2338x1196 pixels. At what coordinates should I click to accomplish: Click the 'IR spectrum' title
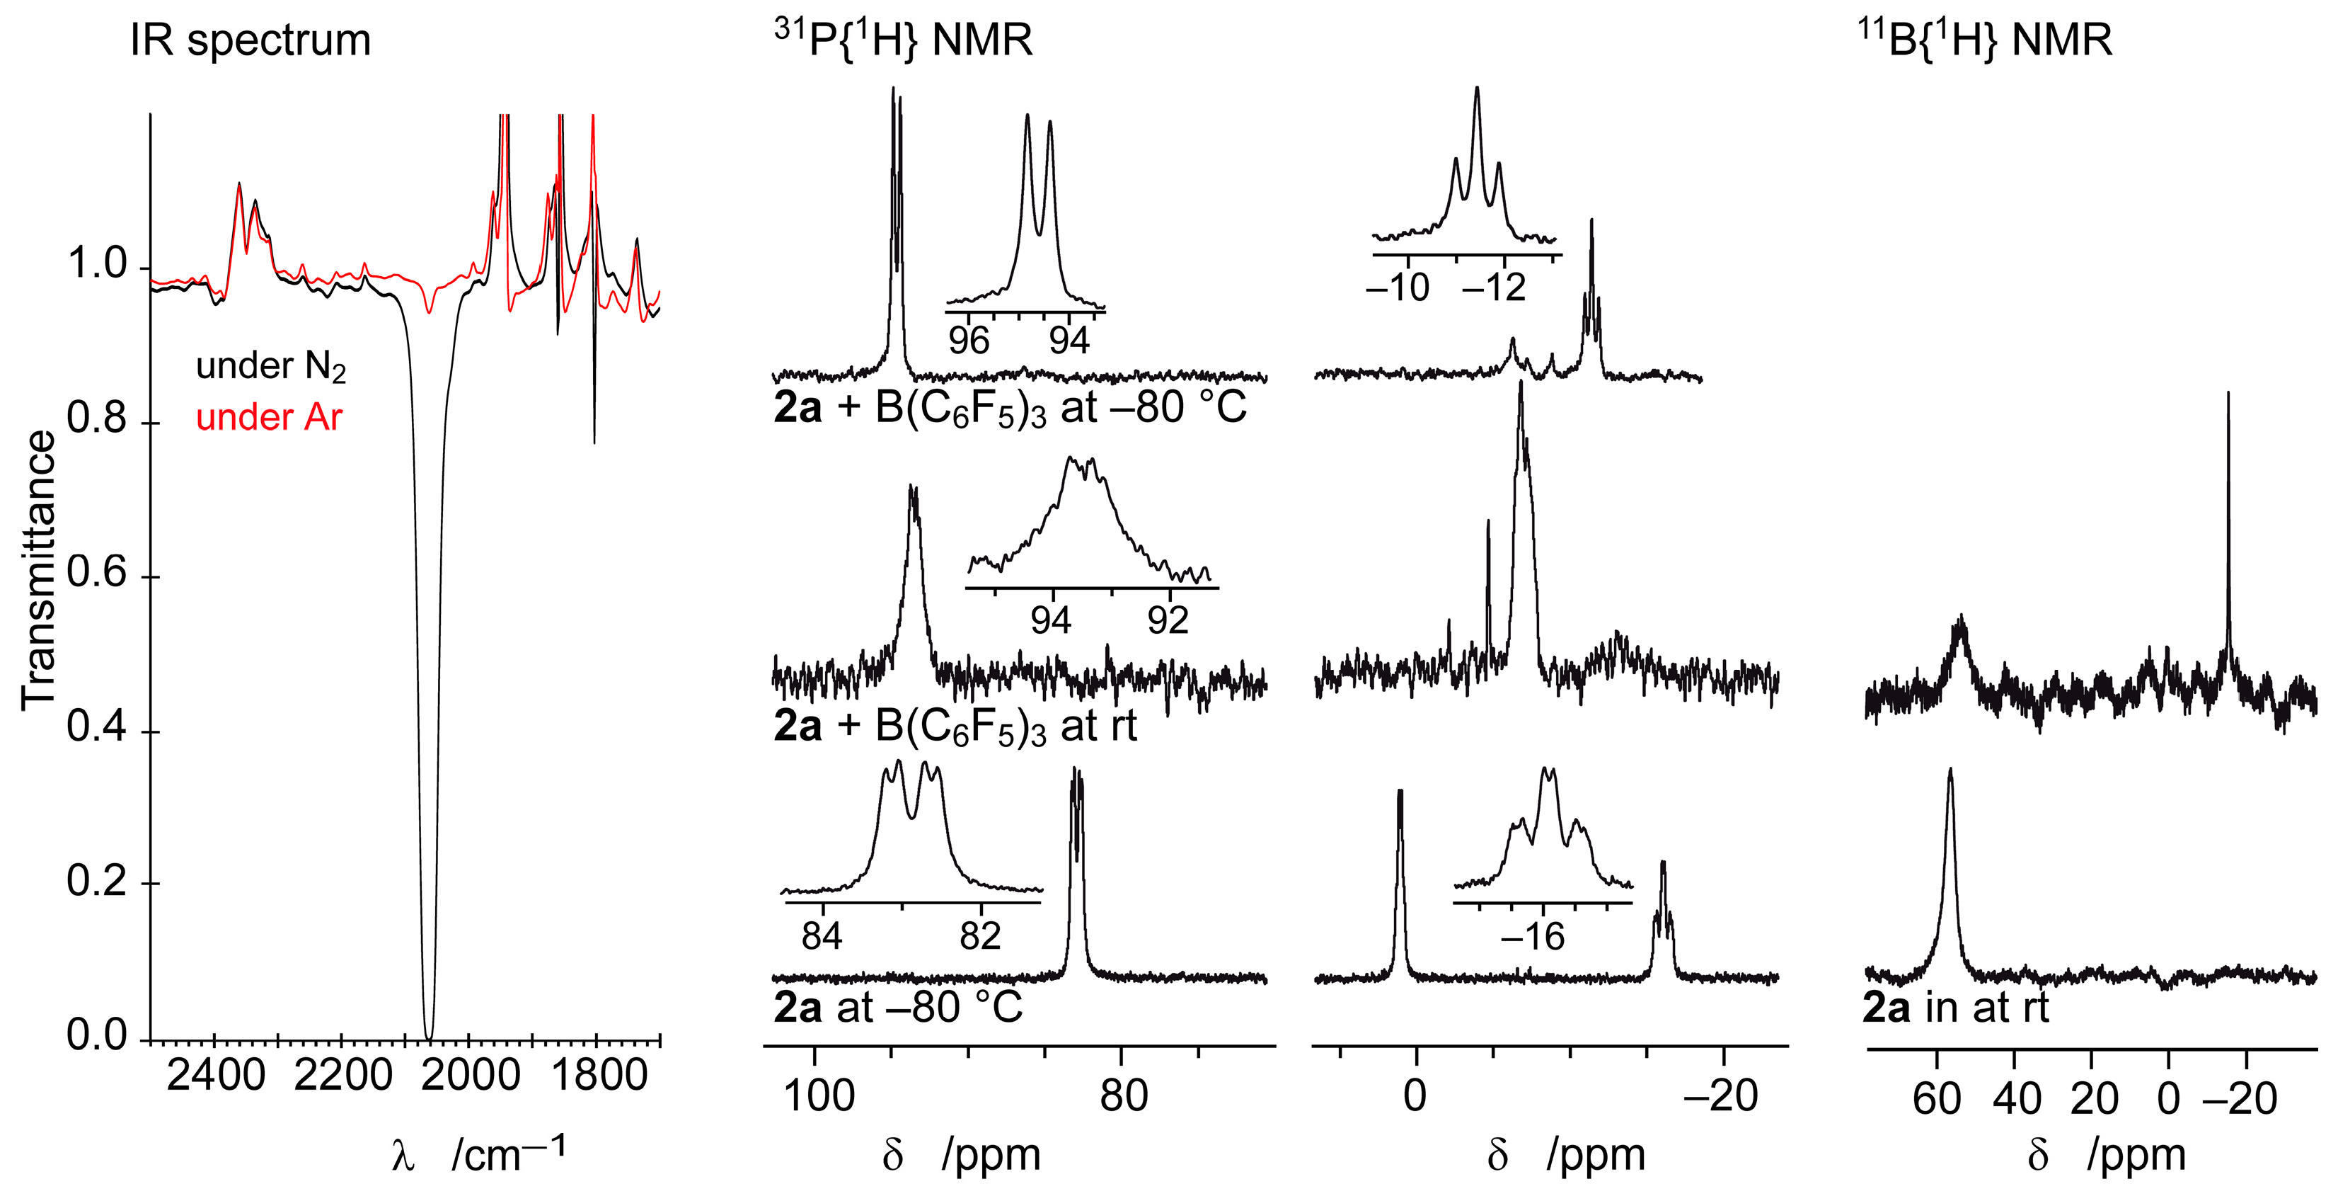pos(250,41)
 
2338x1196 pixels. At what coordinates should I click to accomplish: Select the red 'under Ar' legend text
pos(270,418)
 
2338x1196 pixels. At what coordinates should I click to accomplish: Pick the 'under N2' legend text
pos(270,366)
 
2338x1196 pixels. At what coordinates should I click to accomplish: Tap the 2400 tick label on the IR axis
pos(216,1076)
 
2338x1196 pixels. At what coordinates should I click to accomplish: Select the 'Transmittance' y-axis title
pos(38,570)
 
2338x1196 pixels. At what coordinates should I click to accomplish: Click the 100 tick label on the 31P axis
pos(818,1096)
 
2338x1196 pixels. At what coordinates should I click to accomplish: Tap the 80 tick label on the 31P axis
pos(1124,1096)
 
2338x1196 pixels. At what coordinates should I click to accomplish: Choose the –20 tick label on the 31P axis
pos(1721,1096)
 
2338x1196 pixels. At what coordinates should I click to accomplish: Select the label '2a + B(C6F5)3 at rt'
pos(955,727)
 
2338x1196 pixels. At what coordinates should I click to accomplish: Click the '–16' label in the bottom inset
pos(1532,937)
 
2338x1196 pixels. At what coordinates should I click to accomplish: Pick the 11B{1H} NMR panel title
pos(1985,41)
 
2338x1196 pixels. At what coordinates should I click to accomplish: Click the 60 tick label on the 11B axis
pos(1937,1100)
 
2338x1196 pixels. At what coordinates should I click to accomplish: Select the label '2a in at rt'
pos(1956,1008)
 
